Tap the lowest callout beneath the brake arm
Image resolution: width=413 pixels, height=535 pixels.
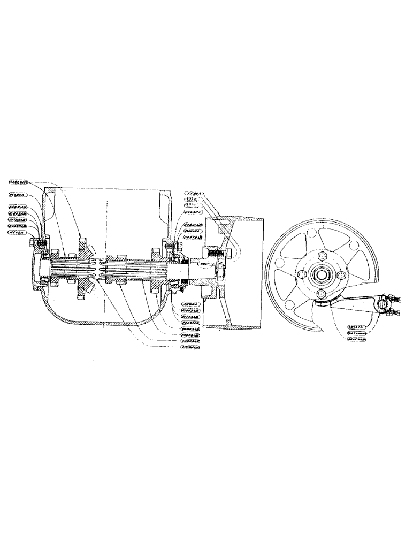[355, 339]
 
